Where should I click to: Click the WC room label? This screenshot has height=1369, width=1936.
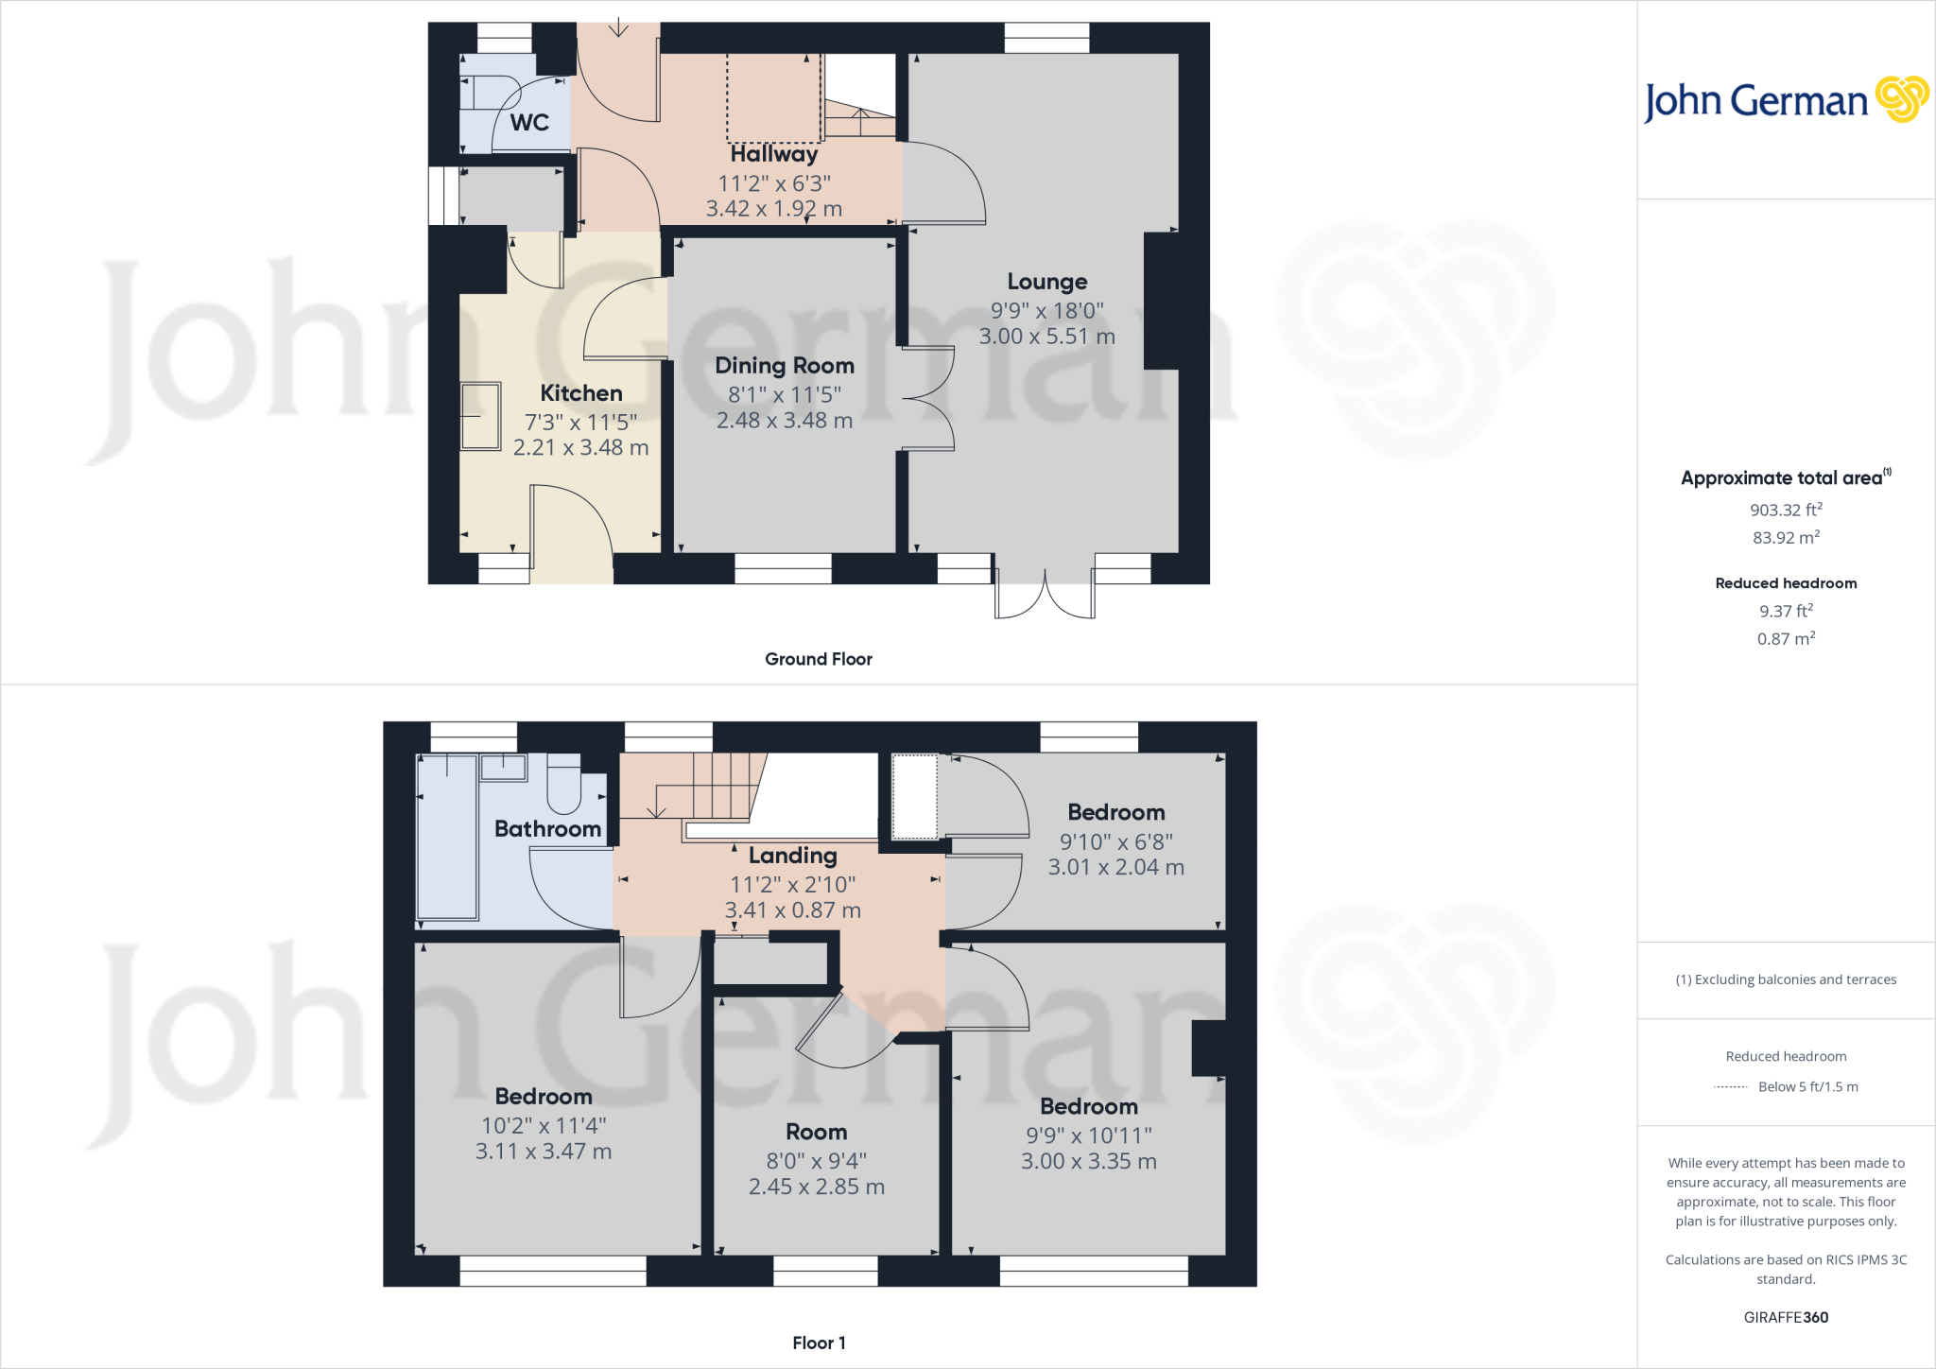[529, 122]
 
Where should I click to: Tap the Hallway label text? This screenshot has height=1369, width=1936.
[773, 154]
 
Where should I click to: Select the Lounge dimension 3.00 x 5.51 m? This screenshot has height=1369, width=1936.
[1046, 337]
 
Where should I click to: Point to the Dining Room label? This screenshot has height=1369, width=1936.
[784, 366]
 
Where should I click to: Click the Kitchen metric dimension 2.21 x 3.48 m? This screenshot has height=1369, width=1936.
[580, 448]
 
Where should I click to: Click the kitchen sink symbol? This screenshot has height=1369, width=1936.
[480, 416]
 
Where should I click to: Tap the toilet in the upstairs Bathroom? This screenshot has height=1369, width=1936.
[564, 787]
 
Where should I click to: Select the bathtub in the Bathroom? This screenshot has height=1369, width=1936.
[447, 836]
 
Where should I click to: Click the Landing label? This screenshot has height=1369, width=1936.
[792, 856]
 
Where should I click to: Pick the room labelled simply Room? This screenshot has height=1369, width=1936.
[816, 1132]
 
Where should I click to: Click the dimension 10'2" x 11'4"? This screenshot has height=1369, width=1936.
[544, 1126]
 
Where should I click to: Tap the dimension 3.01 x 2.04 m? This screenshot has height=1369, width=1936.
[1115, 867]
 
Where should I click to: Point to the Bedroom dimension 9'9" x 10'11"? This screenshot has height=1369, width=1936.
[1088, 1135]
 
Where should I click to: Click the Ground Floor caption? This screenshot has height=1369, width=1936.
[819, 659]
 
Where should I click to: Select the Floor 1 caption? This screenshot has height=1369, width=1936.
[819, 1343]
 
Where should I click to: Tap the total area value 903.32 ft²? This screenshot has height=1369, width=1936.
[1786, 510]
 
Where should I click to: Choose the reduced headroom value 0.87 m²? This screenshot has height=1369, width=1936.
[1786, 639]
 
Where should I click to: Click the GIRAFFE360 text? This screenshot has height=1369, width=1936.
[1786, 1317]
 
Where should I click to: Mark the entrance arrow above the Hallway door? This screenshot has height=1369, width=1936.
[618, 27]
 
